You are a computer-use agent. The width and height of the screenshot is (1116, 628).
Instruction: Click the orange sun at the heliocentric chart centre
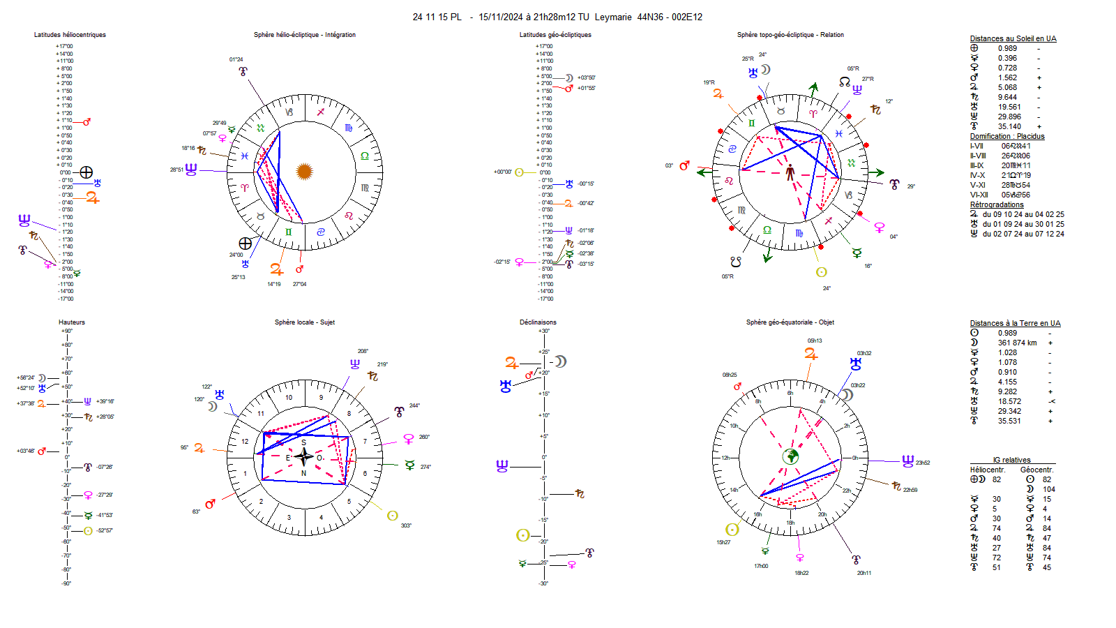(304, 171)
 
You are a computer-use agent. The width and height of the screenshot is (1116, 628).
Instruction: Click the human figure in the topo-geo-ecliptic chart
(790, 172)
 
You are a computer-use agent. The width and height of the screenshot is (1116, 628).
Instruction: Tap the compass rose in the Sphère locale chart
(303, 457)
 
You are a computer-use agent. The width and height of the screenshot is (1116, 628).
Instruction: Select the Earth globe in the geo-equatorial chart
(790, 456)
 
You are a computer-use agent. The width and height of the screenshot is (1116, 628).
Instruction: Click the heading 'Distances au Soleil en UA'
(1013, 39)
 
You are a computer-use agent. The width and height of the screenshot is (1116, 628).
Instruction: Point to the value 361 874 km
(1017, 343)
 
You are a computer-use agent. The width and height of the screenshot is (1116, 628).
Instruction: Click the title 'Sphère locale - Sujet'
(304, 322)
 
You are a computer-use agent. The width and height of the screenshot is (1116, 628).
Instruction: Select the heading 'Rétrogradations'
(997, 205)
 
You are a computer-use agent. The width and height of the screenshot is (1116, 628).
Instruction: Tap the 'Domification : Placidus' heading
(1006, 137)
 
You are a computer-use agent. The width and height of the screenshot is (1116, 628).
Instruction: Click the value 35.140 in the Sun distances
(1009, 127)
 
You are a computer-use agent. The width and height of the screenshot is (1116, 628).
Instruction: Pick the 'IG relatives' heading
(1011, 461)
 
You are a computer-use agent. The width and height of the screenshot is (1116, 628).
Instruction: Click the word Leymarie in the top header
(613, 17)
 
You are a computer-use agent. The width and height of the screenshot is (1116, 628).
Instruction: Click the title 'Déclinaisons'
(538, 322)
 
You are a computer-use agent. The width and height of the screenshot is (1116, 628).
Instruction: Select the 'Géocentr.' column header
(1036, 470)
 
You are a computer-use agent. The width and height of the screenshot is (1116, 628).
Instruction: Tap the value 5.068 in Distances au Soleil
(1007, 88)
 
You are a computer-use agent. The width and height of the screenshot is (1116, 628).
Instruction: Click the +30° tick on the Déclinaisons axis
(544, 331)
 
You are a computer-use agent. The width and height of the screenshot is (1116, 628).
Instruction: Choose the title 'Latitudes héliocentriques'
(70, 35)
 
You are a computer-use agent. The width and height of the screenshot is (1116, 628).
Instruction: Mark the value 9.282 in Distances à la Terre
(1007, 392)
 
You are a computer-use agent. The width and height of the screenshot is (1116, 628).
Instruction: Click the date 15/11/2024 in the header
(500, 17)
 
